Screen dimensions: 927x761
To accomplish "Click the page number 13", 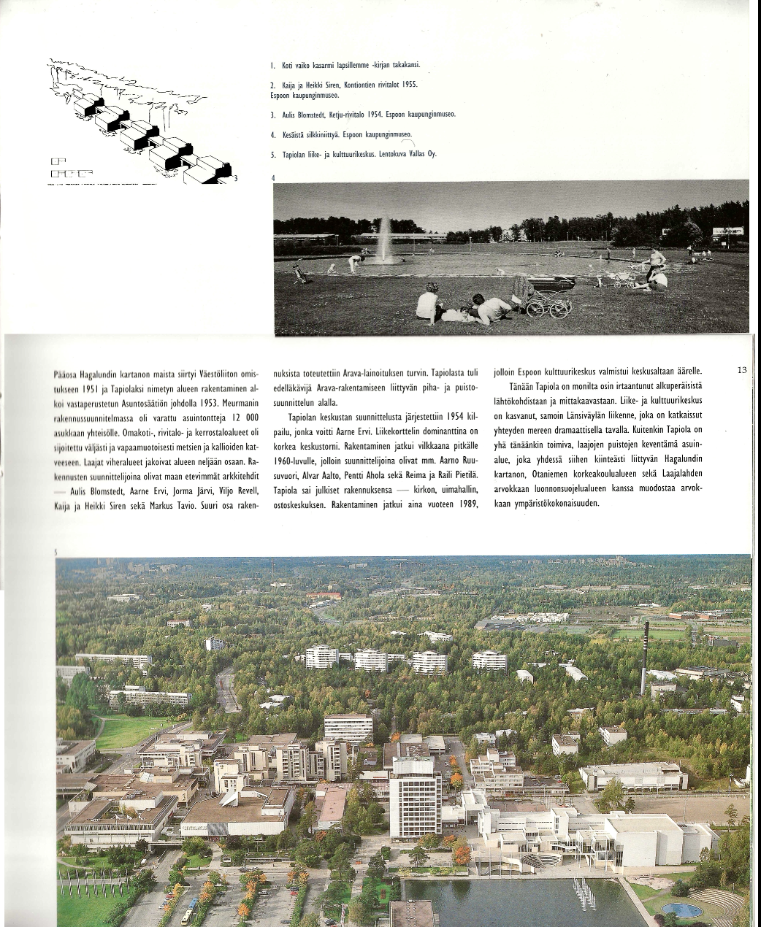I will pos(742,370).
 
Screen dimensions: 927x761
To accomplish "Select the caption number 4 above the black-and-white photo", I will pos(273,178).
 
